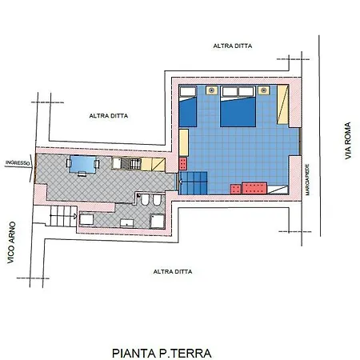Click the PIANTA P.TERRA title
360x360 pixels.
point(162,353)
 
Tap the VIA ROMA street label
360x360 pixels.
point(348,141)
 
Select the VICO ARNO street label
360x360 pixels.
point(11,242)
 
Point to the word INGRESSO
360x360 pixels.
point(18,162)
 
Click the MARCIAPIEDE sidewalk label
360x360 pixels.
point(307,179)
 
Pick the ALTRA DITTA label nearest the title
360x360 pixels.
point(173,272)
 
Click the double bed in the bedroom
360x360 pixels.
point(238,106)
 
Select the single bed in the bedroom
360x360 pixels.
point(188,106)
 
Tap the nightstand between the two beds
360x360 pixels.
point(211,90)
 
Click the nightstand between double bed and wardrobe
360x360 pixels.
point(264,90)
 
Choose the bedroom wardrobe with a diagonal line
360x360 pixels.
point(283,105)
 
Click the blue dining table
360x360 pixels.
point(82,165)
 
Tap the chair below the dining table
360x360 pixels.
point(82,174)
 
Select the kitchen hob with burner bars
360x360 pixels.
point(135,164)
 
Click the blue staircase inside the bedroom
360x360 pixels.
point(194,183)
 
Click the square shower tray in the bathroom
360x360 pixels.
point(158,221)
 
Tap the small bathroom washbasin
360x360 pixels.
point(127,223)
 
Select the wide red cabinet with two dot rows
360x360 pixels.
point(254,188)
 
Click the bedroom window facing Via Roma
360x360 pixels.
point(300,142)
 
